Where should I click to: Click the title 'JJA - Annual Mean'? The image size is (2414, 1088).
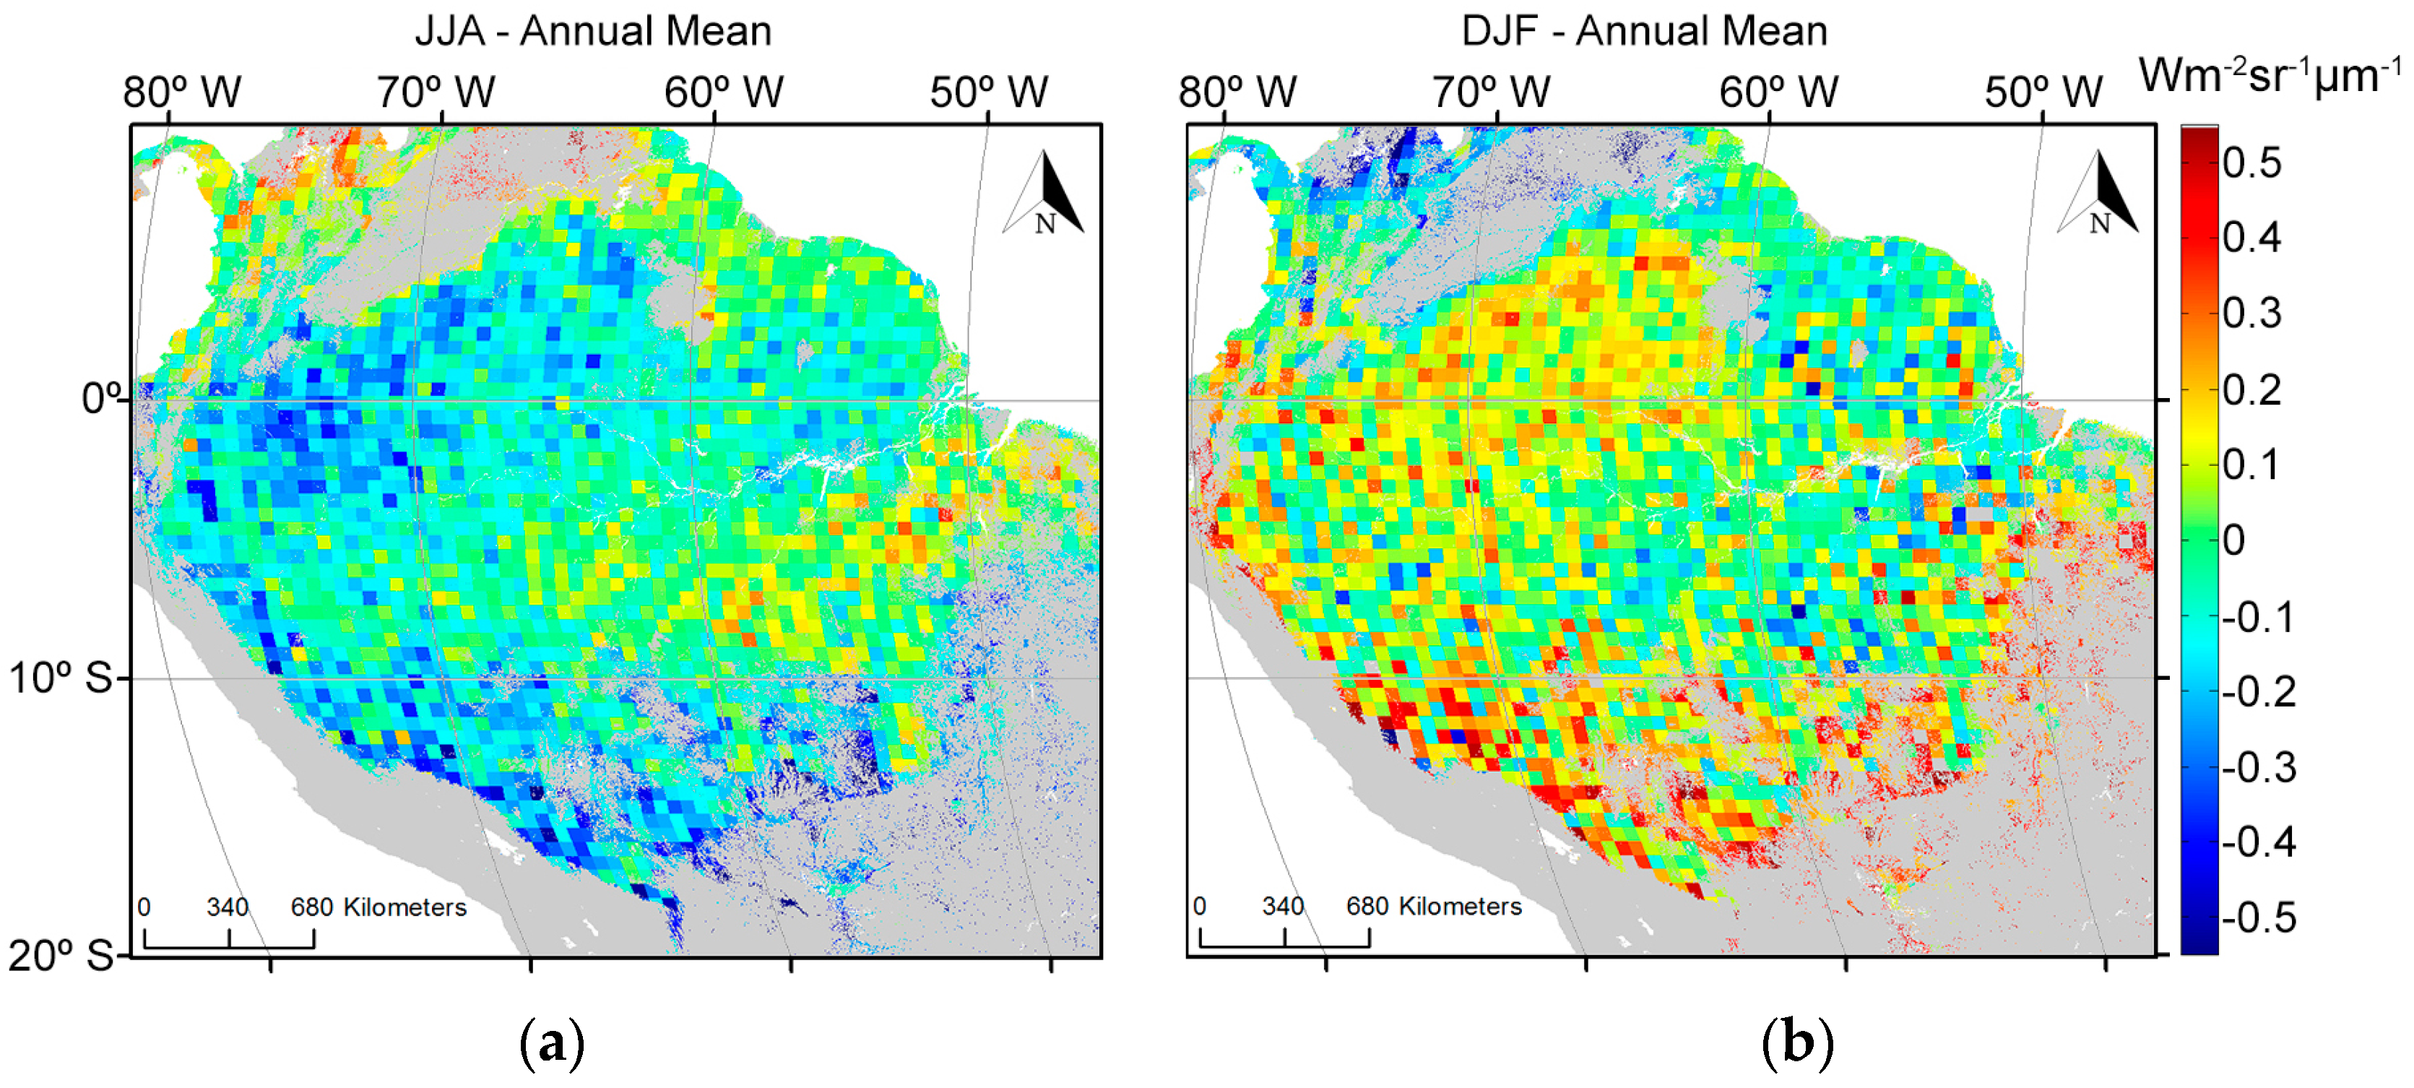[x=593, y=31]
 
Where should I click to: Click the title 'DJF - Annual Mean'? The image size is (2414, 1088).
[x=1644, y=31]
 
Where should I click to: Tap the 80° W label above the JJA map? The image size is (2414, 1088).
[x=182, y=92]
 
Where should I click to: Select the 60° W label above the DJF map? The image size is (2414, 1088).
[x=1778, y=92]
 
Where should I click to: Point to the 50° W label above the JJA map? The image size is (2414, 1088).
[x=989, y=92]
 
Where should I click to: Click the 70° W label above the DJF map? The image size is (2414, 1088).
[x=1491, y=92]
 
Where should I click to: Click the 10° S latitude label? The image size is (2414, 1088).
[x=60, y=678]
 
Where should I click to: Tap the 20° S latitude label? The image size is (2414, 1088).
[x=60, y=956]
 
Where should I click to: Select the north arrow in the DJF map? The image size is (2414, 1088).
[x=2099, y=194]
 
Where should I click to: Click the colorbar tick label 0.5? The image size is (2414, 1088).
[x=2252, y=163]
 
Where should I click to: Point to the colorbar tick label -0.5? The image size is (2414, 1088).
[x=2259, y=918]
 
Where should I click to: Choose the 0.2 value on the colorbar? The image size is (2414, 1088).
[x=2252, y=390]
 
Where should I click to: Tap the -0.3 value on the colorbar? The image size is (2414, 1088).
[x=2259, y=767]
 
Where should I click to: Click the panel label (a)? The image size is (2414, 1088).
[x=552, y=1043]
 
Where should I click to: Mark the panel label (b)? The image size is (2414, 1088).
[x=1797, y=1043]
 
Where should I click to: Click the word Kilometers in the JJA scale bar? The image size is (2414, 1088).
[x=405, y=907]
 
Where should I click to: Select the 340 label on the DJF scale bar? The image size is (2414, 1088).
[x=1283, y=906]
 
